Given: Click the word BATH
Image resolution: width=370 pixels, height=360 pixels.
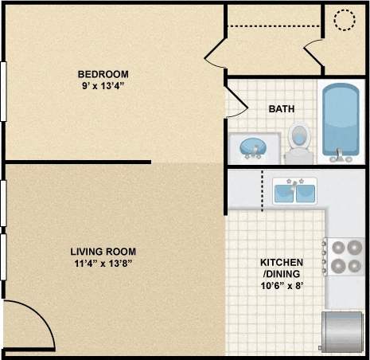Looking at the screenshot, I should [279, 109].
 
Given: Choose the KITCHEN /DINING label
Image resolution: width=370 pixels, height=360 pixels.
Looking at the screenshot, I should [281, 268].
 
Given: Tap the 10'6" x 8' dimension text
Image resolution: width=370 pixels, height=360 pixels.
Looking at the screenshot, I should [281, 287].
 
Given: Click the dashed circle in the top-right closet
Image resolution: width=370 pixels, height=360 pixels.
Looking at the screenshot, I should [345, 21].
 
